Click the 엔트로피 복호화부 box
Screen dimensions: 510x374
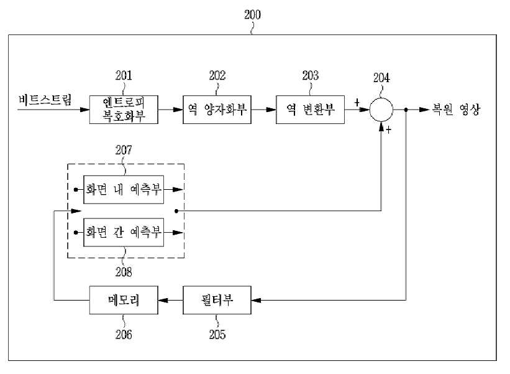tap(124, 110)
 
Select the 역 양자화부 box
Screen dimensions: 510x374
tap(217, 110)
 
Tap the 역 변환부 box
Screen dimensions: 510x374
tap(311, 110)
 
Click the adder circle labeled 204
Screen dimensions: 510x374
tap(381, 110)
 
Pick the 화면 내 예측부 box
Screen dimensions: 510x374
tap(124, 190)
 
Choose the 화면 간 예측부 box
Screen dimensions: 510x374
tap(124, 232)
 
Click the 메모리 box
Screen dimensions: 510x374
tap(124, 300)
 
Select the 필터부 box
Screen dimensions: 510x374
tap(217, 300)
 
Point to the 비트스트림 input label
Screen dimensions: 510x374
tap(45, 100)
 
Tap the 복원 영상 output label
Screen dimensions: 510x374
tap(456, 110)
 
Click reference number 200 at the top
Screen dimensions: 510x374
tap(252, 15)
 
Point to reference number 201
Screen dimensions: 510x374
tap(124, 75)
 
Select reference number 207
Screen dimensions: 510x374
tap(124, 150)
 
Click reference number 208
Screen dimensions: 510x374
tap(124, 272)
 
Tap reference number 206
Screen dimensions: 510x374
tap(124, 335)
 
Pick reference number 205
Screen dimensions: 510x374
tap(217, 335)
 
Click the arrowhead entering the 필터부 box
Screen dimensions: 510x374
tap(257, 300)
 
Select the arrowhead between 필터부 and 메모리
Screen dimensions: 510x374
tap(163, 300)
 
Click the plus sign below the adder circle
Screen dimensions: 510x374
tap(388, 130)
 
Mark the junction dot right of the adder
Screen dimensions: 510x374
tap(406, 110)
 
